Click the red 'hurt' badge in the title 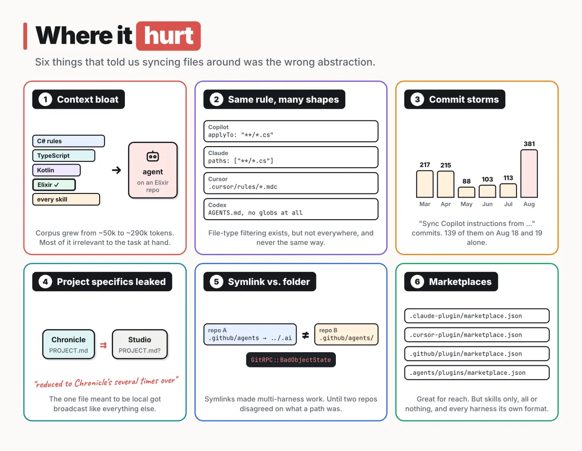pos(168,36)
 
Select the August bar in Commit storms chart pos(529,174)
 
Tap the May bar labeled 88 pos(466,192)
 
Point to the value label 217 pos(425,165)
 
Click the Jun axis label pos(487,204)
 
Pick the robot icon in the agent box pos(153,156)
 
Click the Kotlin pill pos(56,170)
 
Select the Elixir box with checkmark pos(54,185)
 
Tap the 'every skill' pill pos(66,199)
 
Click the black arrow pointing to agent pos(116,170)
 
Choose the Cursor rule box pos(291,183)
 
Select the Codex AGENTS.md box pos(291,209)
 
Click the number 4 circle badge pos(45,282)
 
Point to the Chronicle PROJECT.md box pos(69,345)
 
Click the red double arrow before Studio pos(103,345)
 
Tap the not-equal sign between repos pos(306,335)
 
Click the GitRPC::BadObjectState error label pos(291,360)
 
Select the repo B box pos(346,335)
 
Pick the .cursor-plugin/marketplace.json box pos(477,335)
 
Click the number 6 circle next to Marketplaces pos(417,282)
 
